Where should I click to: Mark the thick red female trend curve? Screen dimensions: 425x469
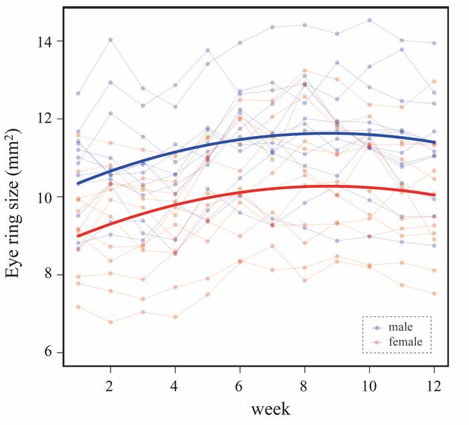pos(240,193)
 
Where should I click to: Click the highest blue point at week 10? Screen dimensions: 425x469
pos(369,20)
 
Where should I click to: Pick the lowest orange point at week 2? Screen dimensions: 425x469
pos(110,322)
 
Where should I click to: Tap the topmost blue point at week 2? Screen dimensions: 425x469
pos(110,40)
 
